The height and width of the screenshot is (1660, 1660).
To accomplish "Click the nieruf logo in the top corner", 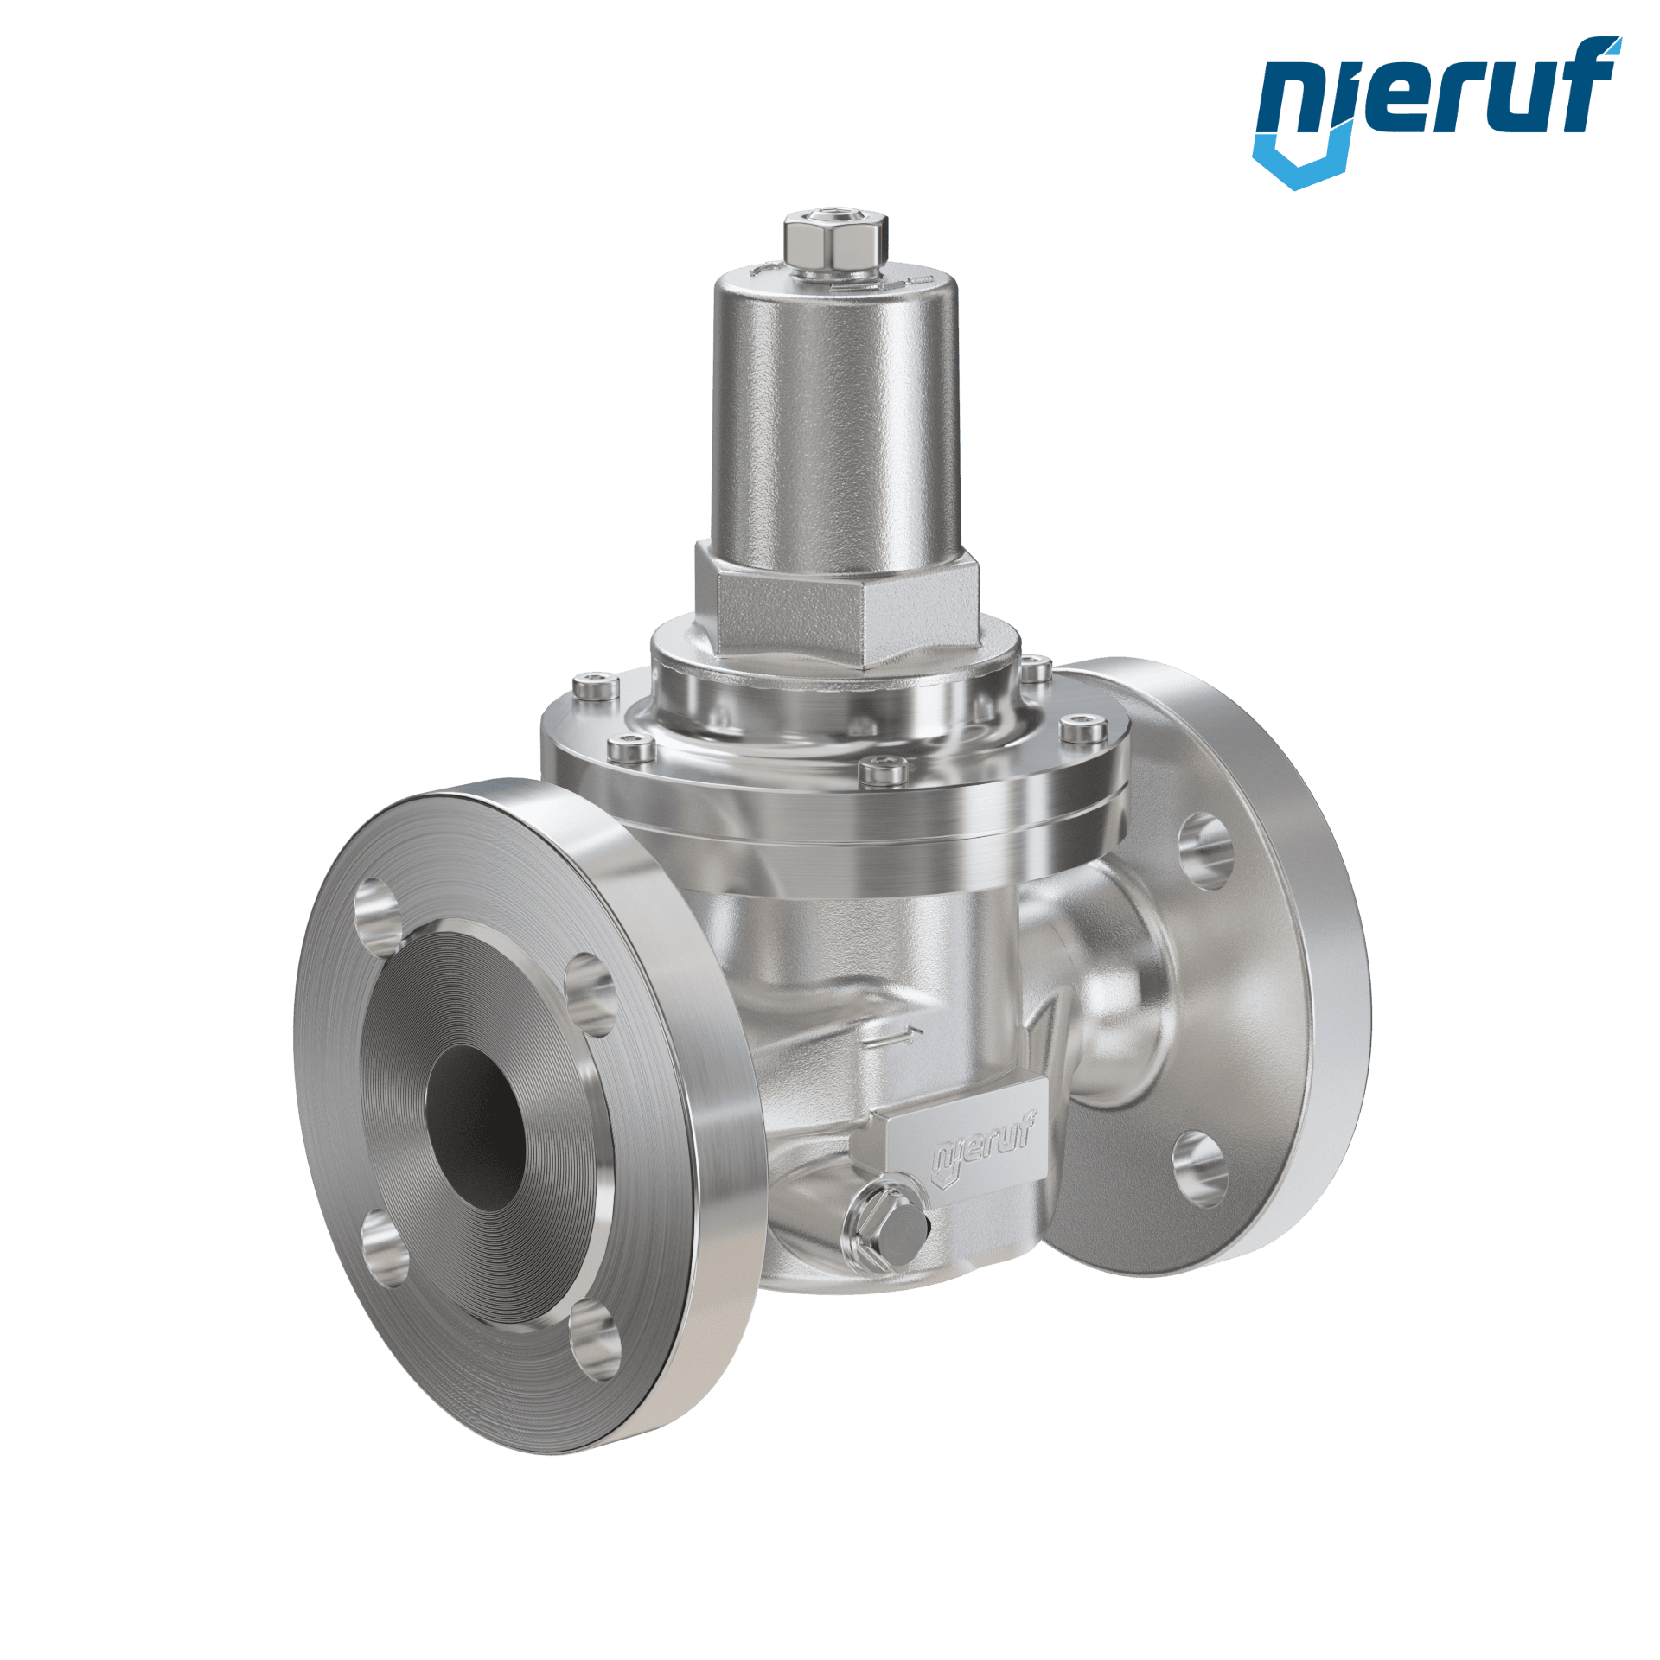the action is pyautogui.click(x=1436, y=112).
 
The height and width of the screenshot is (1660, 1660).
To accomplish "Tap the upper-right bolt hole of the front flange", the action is pyautogui.click(x=590, y=994).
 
